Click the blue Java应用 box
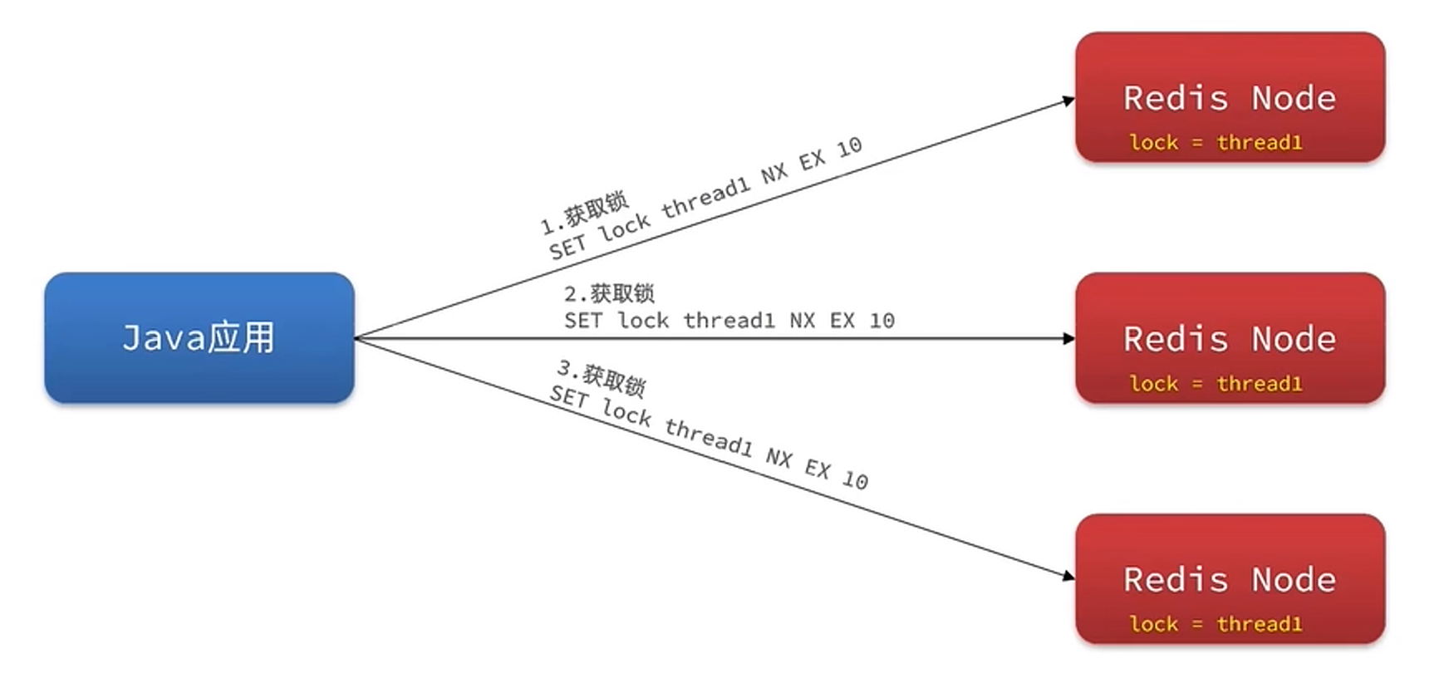[x=199, y=337]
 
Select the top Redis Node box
[x=1230, y=96]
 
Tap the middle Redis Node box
[x=1230, y=337]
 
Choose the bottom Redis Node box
[x=1230, y=578]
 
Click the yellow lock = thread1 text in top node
[x=1216, y=143]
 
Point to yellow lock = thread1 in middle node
[x=1216, y=384]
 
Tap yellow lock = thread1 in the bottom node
[x=1216, y=624]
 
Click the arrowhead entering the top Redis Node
[x=1069, y=101]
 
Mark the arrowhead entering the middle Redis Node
[x=1069, y=338]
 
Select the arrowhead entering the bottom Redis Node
[x=1069, y=575]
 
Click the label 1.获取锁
[x=584, y=213]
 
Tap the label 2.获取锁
[x=609, y=293]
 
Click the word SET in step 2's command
[x=582, y=321]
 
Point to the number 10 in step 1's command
[x=849, y=148]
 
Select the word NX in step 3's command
[x=778, y=457]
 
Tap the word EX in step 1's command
[x=812, y=160]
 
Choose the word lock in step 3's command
[x=626, y=412]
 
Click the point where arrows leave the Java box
[x=356, y=338]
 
